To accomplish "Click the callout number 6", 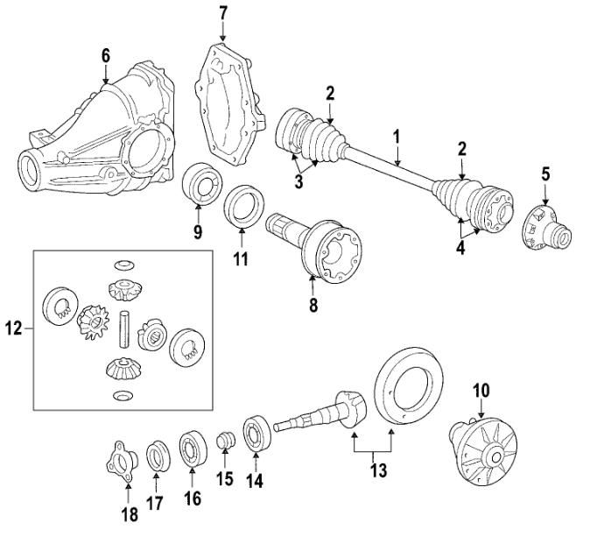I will click(105, 55).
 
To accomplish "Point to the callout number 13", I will click(378, 471).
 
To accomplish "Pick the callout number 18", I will click(129, 515).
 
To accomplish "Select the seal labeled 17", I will click(157, 456).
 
